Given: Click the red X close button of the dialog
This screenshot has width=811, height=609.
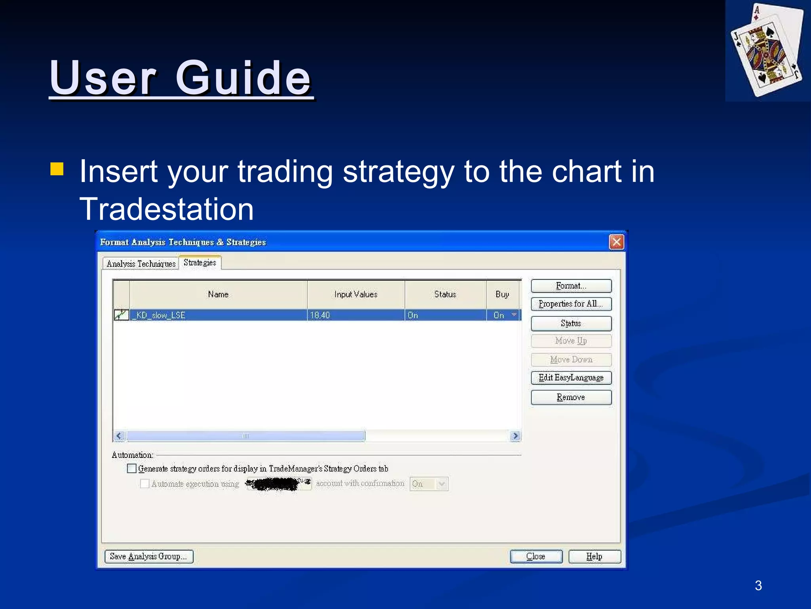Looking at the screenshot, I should [616, 242].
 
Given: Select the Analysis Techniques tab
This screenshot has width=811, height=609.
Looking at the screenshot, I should [141, 264].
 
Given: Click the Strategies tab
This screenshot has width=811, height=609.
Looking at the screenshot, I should [200, 262].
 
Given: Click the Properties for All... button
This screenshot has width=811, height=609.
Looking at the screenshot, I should [571, 304].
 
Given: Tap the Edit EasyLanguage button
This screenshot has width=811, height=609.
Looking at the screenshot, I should [571, 378].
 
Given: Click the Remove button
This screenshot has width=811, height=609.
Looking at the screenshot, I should [571, 397].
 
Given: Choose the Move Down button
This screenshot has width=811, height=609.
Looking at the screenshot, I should [571, 360].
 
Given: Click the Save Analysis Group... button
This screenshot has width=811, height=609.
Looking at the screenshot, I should [148, 556].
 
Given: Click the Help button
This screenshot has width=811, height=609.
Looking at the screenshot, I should [594, 556].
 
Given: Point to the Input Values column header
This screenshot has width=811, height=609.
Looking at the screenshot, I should [356, 294].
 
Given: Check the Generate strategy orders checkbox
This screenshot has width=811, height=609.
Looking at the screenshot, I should [132, 468].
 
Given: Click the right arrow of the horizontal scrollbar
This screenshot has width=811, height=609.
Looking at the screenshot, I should [515, 436].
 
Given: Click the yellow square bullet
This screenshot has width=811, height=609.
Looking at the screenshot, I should [57, 169].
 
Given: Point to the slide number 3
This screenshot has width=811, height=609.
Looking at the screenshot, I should [758, 586].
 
